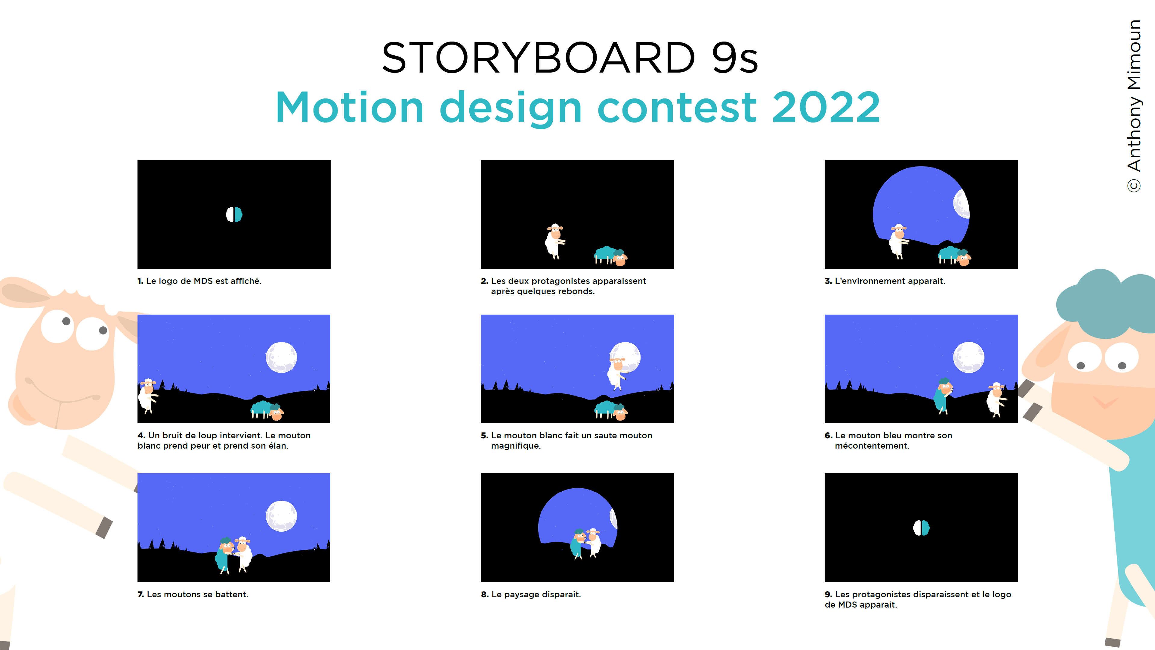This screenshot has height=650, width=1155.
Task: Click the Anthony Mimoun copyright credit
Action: [1134, 106]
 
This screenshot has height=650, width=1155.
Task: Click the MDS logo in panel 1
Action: [234, 214]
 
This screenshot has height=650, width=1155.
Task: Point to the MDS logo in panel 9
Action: [922, 527]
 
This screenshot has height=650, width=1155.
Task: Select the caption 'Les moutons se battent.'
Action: [197, 594]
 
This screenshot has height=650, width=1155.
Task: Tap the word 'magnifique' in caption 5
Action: [516, 446]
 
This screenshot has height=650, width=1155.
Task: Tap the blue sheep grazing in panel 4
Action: [267, 410]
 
